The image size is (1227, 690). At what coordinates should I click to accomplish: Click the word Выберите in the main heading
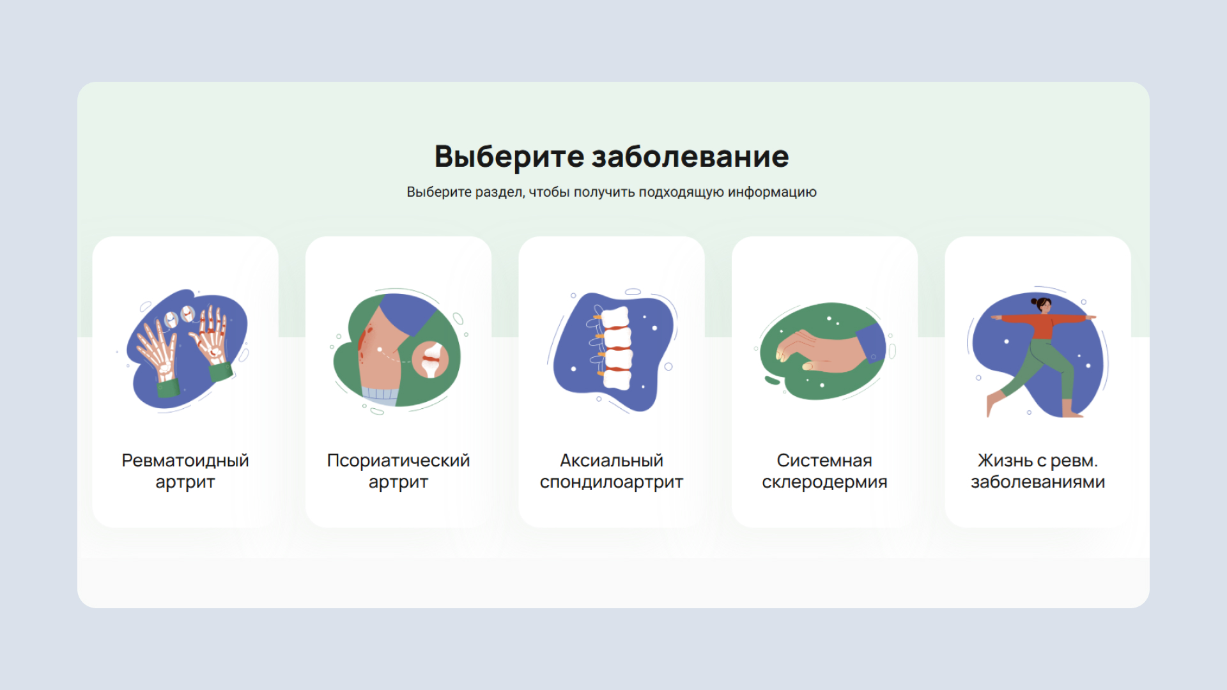pyautogui.click(x=509, y=157)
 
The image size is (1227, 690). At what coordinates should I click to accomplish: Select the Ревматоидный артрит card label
pyautogui.click(x=185, y=471)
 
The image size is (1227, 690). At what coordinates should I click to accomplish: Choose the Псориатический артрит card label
pyautogui.click(x=398, y=471)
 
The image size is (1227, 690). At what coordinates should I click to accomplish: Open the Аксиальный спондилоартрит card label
pyautogui.click(x=612, y=471)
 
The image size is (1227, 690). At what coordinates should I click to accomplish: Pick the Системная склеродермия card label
pyautogui.click(x=824, y=471)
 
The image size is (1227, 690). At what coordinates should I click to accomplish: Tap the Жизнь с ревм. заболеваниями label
pyautogui.click(x=1038, y=471)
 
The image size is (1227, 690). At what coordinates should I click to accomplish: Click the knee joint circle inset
pyautogui.click(x=431, y=360)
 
